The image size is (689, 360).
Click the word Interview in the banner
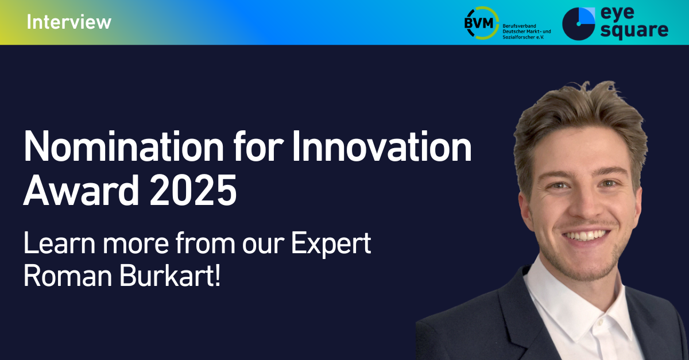pyautogui.click(x=69, y=22)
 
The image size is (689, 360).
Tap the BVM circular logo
pyautogui.click(x=481, y=23)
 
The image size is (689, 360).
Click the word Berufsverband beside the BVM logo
pyautogui.click(x=519, y=26)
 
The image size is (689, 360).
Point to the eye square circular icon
pyautogui.click(x=579, y=24)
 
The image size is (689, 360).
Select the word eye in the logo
pyautogui.click(x=617, y=13)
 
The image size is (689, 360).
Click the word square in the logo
pyautogui.click(x=634, y=31)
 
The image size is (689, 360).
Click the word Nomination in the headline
pyautogui.click(x=123, y=146)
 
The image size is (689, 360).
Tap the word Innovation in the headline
pyautogui.click(x=382, y=146)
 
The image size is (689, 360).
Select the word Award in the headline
pyautogui.click(x=81, y=190)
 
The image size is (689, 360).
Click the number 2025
pyautogui.click(x=193, y=190)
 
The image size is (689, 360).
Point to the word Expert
pyautogui.click(x=331, y=243)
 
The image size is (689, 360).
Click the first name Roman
pyautogui.click(x=68, y=276)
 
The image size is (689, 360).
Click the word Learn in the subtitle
pyautogui.click(x=59, y=243)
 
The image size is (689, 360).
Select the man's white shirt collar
pyautogui.click(x=575, y=295)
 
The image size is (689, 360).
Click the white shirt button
pyautogui.click(x=600, y=322)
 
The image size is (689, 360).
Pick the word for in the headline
pyautogui.click(x=258, y=146)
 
